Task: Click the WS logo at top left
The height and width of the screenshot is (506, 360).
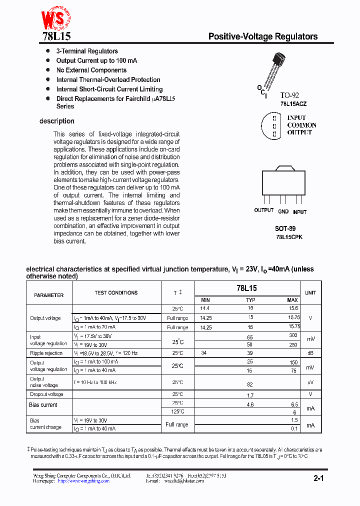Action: (55, 19)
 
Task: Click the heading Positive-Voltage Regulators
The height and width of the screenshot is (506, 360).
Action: (262, 36)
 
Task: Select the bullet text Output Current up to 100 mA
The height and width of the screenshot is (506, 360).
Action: (96, 60)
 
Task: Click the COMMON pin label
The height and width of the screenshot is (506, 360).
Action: (301, 125)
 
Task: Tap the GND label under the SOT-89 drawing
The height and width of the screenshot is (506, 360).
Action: (283, 211)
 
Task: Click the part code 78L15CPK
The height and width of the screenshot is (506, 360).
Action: (289, 237)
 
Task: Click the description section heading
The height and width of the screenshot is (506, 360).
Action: (56, 121)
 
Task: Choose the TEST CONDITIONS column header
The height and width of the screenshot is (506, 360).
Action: (116, 292)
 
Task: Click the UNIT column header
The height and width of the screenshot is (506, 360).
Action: (310, 292)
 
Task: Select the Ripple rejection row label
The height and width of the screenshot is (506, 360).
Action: (46, 353)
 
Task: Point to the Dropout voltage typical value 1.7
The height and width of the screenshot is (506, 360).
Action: (250, 395)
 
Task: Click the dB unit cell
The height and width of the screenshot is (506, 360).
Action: (311, 353)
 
